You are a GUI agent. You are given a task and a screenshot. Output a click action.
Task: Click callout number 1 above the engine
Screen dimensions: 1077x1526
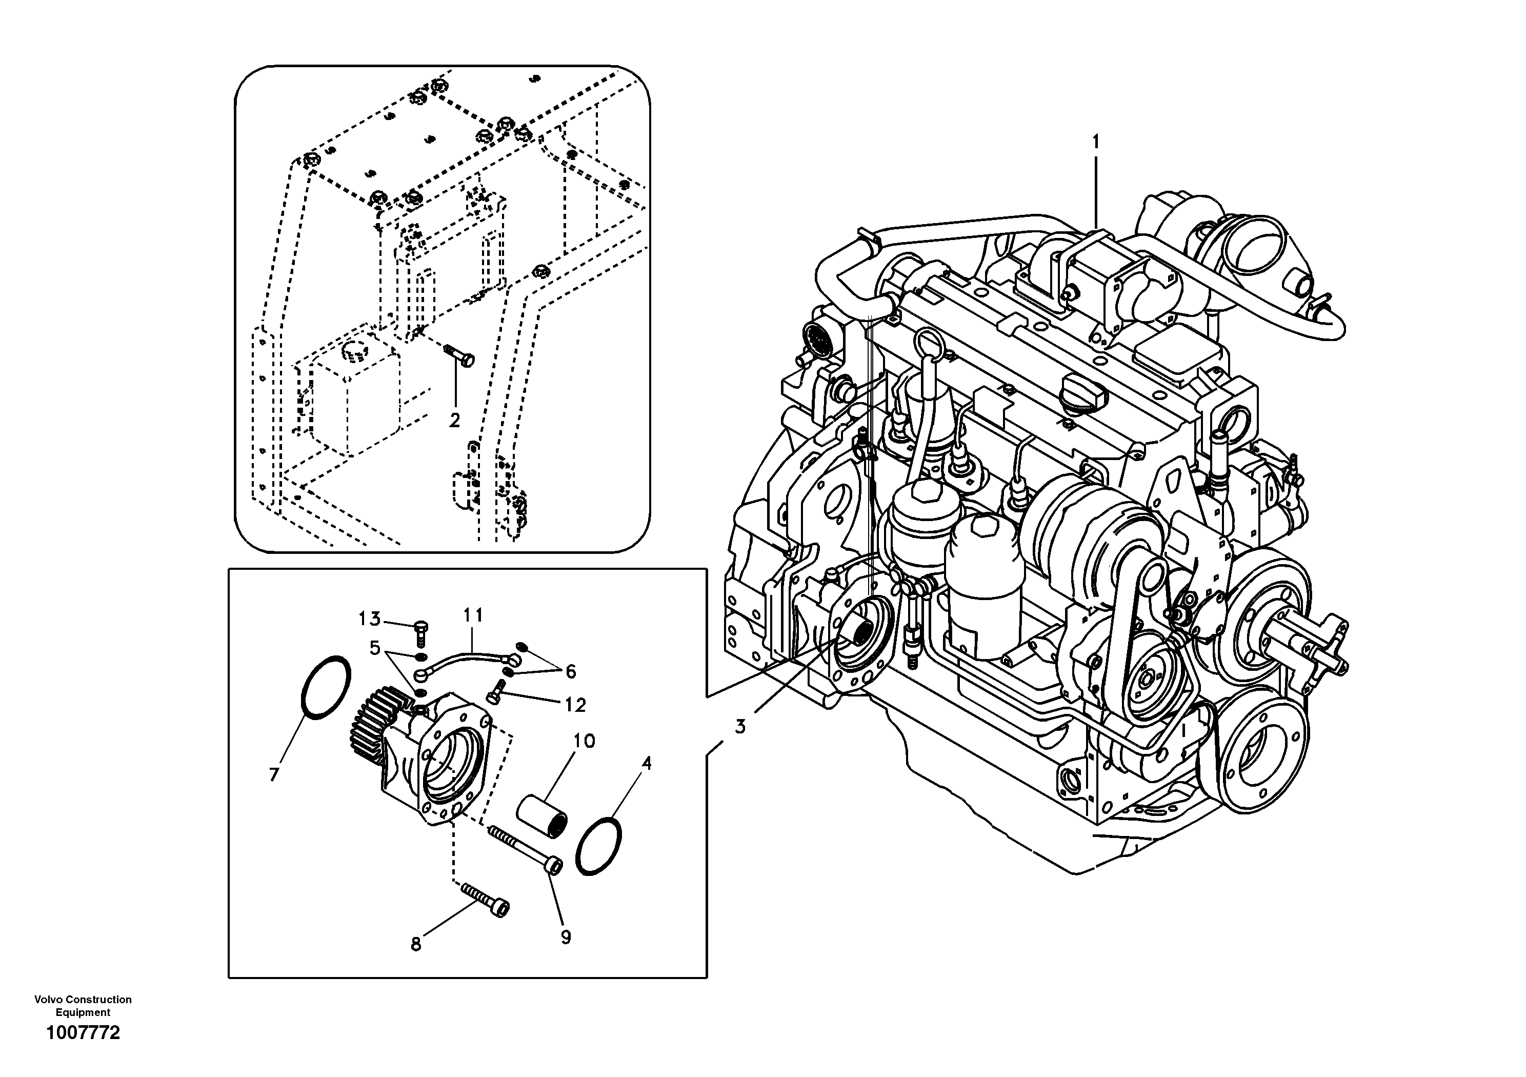tap(1096, 142)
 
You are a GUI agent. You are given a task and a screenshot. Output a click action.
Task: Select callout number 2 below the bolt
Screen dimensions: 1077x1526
tap(455, 420)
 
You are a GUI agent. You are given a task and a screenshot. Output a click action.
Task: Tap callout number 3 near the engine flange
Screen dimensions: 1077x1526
tap(740, 726)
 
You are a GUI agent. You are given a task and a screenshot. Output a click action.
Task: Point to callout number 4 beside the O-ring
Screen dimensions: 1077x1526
tap(646, 763)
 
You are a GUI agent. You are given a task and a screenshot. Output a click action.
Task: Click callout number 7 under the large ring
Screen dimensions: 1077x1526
tap(273, 774)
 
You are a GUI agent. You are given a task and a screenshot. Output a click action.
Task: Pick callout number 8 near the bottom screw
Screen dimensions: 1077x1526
tap(416, 944)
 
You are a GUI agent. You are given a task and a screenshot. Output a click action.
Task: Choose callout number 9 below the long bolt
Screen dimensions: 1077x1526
tap(566, 938)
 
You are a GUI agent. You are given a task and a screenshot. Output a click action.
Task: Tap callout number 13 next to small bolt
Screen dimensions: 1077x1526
tap(370, 619)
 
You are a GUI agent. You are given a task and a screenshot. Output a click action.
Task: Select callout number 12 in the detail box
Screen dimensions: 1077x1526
tap(575, 705)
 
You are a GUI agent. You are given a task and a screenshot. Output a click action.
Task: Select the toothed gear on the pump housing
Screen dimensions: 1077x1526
tap(371, 731)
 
